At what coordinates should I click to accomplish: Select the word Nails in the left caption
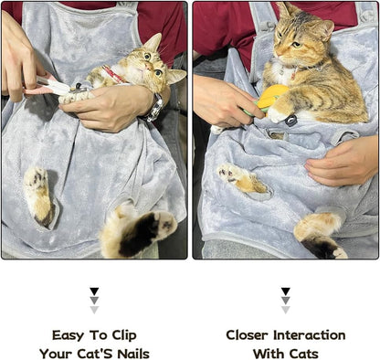pos(130,353)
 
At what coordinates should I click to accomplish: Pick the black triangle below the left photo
pos(94,291)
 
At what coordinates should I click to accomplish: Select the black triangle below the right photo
pos(285,291)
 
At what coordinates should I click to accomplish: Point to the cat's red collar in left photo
pos(113,73)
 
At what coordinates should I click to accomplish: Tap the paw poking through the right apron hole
pos(239,177)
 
